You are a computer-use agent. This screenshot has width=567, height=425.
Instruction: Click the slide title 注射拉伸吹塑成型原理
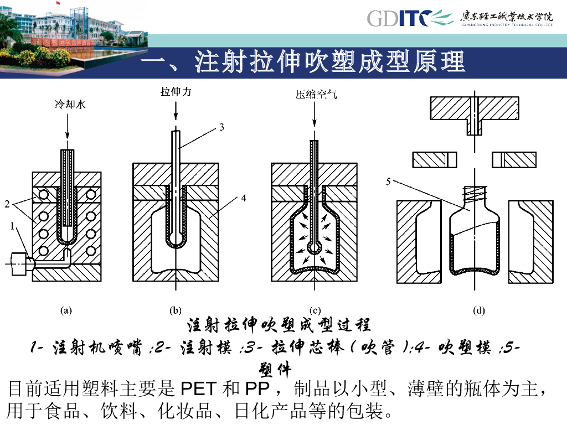click(x=302, y=62)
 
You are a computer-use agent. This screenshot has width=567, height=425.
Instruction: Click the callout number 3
click(x=221, y=127)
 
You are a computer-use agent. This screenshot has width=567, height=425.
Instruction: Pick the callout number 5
click(x=389, y=181)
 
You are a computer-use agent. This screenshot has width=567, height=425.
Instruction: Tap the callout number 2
click(x=7, y=204)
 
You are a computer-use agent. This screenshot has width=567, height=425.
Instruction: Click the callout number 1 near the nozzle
click(x=12, y=226)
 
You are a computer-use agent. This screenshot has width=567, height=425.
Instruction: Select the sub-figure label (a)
click(x=66, y=310)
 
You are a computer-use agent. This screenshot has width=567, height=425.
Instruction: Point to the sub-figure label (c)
click(x=314, y=310)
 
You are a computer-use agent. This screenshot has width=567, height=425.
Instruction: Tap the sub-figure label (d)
click(x=480, y=310)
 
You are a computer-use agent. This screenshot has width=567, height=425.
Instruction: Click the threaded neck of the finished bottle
click(x=474, y=193)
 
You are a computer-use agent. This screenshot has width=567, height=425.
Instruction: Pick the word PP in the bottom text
click(x=256, y=389)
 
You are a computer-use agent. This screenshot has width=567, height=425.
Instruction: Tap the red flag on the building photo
click(x=57, y=3)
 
